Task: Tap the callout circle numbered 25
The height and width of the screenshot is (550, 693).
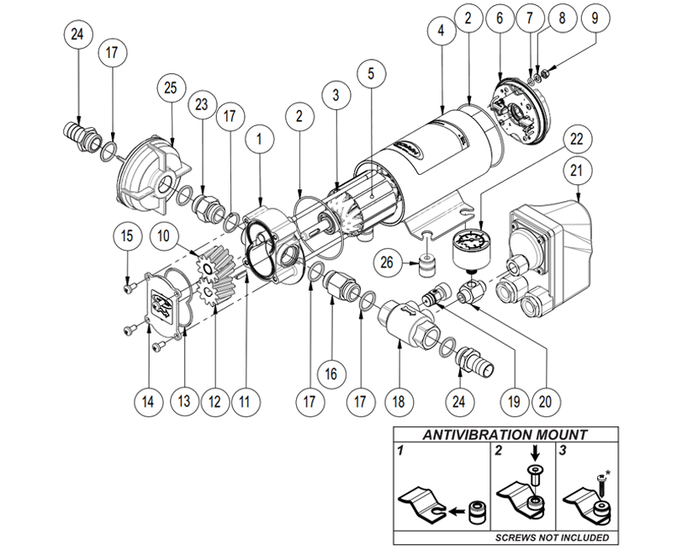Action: click(x=172, y=87)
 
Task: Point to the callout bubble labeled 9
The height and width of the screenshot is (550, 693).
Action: click(x=595, y=17)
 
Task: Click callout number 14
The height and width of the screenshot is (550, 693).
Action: click(x=147, y=402)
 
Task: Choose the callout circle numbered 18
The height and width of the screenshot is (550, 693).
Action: click(x=399, y=402)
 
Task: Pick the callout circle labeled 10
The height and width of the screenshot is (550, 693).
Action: click(x=167, y=238)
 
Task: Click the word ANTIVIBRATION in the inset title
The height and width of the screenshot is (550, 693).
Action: click(x=468, y=436)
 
